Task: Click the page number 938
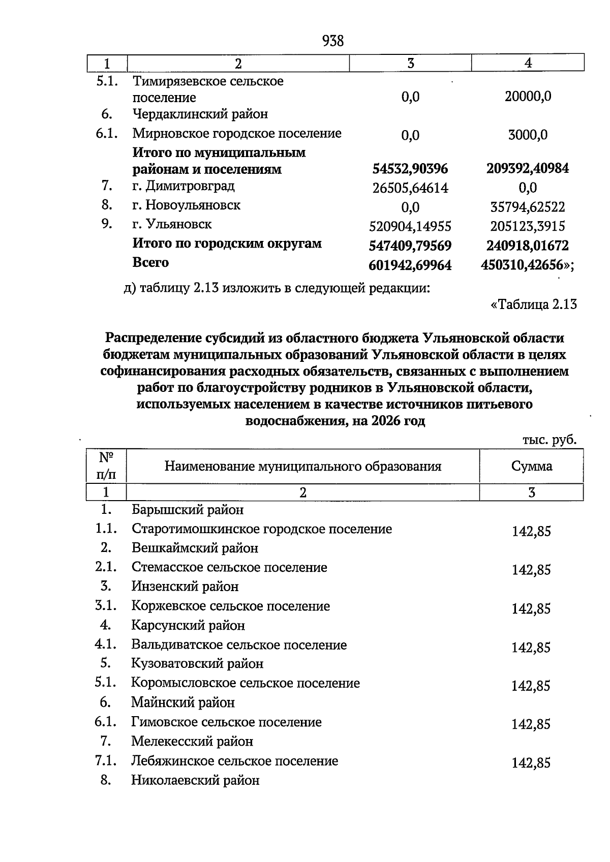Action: coord(333,41)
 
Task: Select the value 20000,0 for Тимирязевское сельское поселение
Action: coord(528,97)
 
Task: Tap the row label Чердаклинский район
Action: coord(200,114)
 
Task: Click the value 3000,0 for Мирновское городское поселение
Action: coord(528,135)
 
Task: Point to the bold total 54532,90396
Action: coord(410,169)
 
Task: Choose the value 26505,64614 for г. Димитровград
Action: coord(410,188)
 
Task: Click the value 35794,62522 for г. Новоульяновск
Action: coord(528,207)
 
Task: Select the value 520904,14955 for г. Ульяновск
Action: coord(410,226)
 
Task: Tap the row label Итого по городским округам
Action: coord(227,243)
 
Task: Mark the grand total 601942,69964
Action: coord(410,265)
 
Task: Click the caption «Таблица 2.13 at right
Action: coord(533,304)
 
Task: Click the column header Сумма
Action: coord(532,466)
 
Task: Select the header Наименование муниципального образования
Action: coord(302,466)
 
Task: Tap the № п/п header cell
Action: coord(106,466)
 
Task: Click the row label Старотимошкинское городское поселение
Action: coord(262,529)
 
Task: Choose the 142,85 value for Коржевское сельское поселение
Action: coord(531,609)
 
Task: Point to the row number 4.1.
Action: coord(106,644)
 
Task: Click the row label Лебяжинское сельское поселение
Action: coord(234,761)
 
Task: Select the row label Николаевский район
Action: coord(195,780)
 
